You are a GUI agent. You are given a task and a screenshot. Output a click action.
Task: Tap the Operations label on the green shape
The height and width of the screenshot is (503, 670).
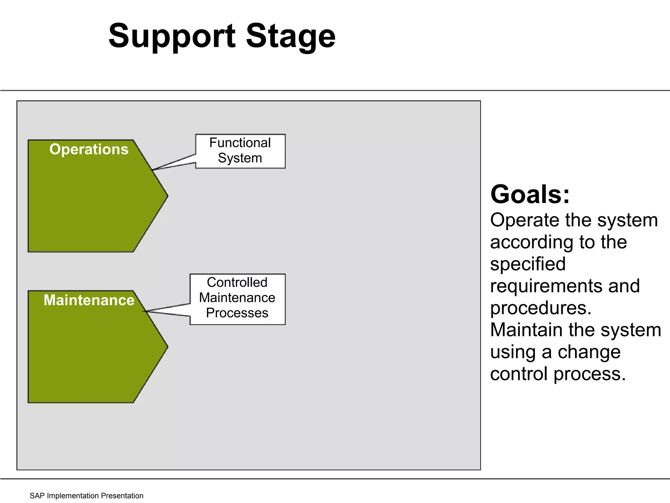[x=89, y=149]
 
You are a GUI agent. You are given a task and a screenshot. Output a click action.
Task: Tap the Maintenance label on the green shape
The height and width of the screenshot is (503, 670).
[x=89, y=300]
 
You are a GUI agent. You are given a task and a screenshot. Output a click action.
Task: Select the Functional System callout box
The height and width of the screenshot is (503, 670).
[x=240, y=151]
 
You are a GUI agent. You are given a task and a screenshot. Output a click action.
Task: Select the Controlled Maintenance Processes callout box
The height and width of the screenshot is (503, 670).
[x=238, y=299]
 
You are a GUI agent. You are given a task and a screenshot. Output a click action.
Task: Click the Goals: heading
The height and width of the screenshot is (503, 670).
[x=530, y=195]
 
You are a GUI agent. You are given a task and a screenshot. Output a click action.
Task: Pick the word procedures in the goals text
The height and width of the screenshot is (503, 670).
[x=540, y=308]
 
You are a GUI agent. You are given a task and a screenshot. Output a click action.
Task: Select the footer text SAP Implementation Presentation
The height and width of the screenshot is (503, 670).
[x=86, y=496]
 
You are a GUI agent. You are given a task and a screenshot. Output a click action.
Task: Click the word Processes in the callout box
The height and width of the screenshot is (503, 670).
[x=237, y=313]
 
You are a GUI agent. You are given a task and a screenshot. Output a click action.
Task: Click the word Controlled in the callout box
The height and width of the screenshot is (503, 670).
[x=237, y=282]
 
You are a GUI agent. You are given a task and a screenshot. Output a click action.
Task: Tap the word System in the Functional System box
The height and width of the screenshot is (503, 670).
[x=240, y=158]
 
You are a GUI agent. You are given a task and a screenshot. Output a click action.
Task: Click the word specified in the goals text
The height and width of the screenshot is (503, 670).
[x=528, y=264]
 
